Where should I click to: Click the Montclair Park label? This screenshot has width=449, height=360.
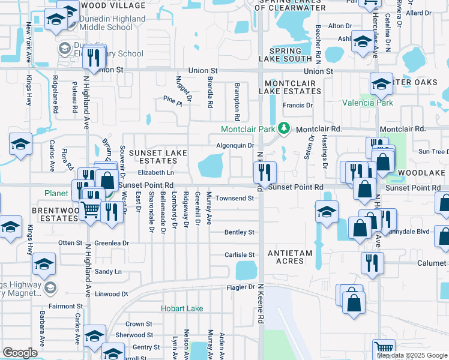(248, 130)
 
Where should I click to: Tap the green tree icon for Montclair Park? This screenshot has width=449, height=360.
(286, 129)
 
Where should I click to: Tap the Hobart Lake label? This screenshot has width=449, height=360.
(181, 308)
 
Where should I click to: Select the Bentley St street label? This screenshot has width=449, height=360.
(240, 232)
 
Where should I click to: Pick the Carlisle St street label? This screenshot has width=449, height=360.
(240, 255)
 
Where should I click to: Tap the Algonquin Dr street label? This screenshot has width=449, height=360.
(236, 145)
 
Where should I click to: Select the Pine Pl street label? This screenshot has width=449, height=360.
(172, 103)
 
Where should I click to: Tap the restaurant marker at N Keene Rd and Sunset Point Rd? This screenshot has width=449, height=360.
(264, 173)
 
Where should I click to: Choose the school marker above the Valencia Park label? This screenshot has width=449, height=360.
(381, 85)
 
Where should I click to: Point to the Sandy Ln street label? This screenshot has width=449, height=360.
(109, 272)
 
